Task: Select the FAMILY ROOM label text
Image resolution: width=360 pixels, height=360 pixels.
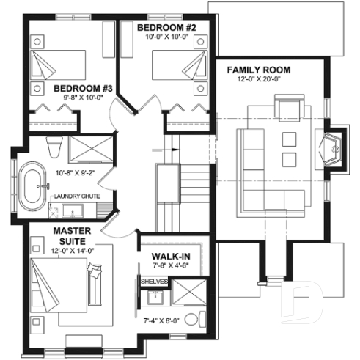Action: pos(258,70)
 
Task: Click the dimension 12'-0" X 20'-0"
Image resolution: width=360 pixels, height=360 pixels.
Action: pos(258,81)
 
